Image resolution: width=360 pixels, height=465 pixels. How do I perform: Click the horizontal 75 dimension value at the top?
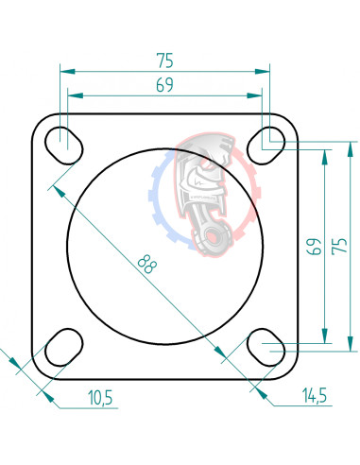click(164, 60)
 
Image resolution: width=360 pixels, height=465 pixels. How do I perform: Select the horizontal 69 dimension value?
click(164, 86)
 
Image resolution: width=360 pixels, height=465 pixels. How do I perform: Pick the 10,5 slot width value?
click(98, 398)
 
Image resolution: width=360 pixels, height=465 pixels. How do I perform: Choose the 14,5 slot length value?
click(314, 396)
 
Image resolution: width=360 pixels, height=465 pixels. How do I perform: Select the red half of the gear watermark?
click(248, 189)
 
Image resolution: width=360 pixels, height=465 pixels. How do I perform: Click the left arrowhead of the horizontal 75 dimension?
click(64, 71)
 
